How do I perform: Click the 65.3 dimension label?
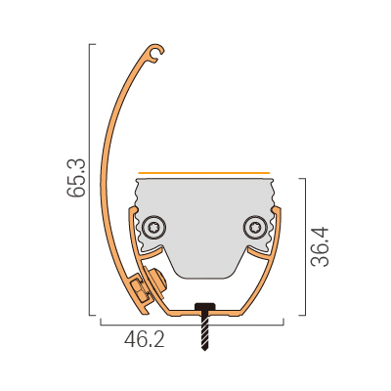click(76, 178)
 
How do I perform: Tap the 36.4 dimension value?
click(320, 247)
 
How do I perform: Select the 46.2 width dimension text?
click(145, 340)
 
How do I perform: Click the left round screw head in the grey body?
click(154, 228)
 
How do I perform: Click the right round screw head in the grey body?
click(255, 228)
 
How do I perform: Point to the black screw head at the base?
click(204, 307)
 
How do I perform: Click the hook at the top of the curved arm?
click(155, 53)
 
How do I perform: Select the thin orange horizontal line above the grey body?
click(204, 173)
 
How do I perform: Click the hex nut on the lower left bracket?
click(138, 288)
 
